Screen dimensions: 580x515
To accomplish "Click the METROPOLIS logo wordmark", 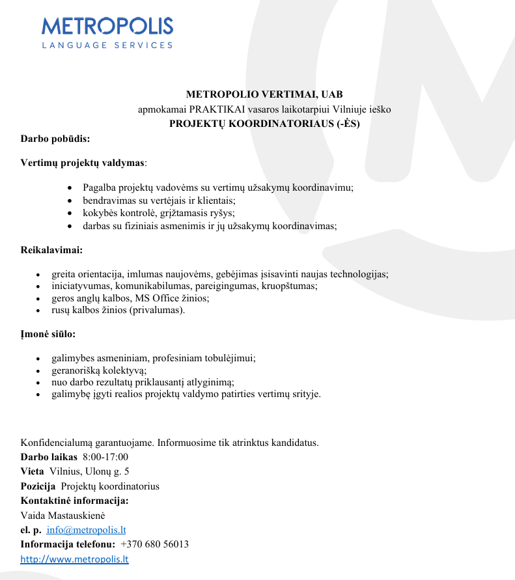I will tap(107, 26).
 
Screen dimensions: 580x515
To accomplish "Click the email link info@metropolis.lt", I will tap(81, 530).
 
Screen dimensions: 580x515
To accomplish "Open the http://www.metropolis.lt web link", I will tap(75, 559).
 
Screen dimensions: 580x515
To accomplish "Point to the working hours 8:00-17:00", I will tap(105, 457).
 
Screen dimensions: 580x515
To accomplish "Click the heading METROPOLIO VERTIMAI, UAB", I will tap(264, 95).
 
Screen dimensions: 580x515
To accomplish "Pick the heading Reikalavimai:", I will tap(52, 249).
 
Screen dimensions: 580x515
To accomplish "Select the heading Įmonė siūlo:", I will tap(48, 334).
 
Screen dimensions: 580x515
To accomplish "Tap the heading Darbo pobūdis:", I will tap(55, 139).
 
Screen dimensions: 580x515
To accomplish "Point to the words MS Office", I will tap(158, 298).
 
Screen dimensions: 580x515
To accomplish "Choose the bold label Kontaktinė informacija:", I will tap(75, 501).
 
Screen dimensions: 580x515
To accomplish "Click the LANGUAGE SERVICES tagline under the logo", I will tap(107, 46).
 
